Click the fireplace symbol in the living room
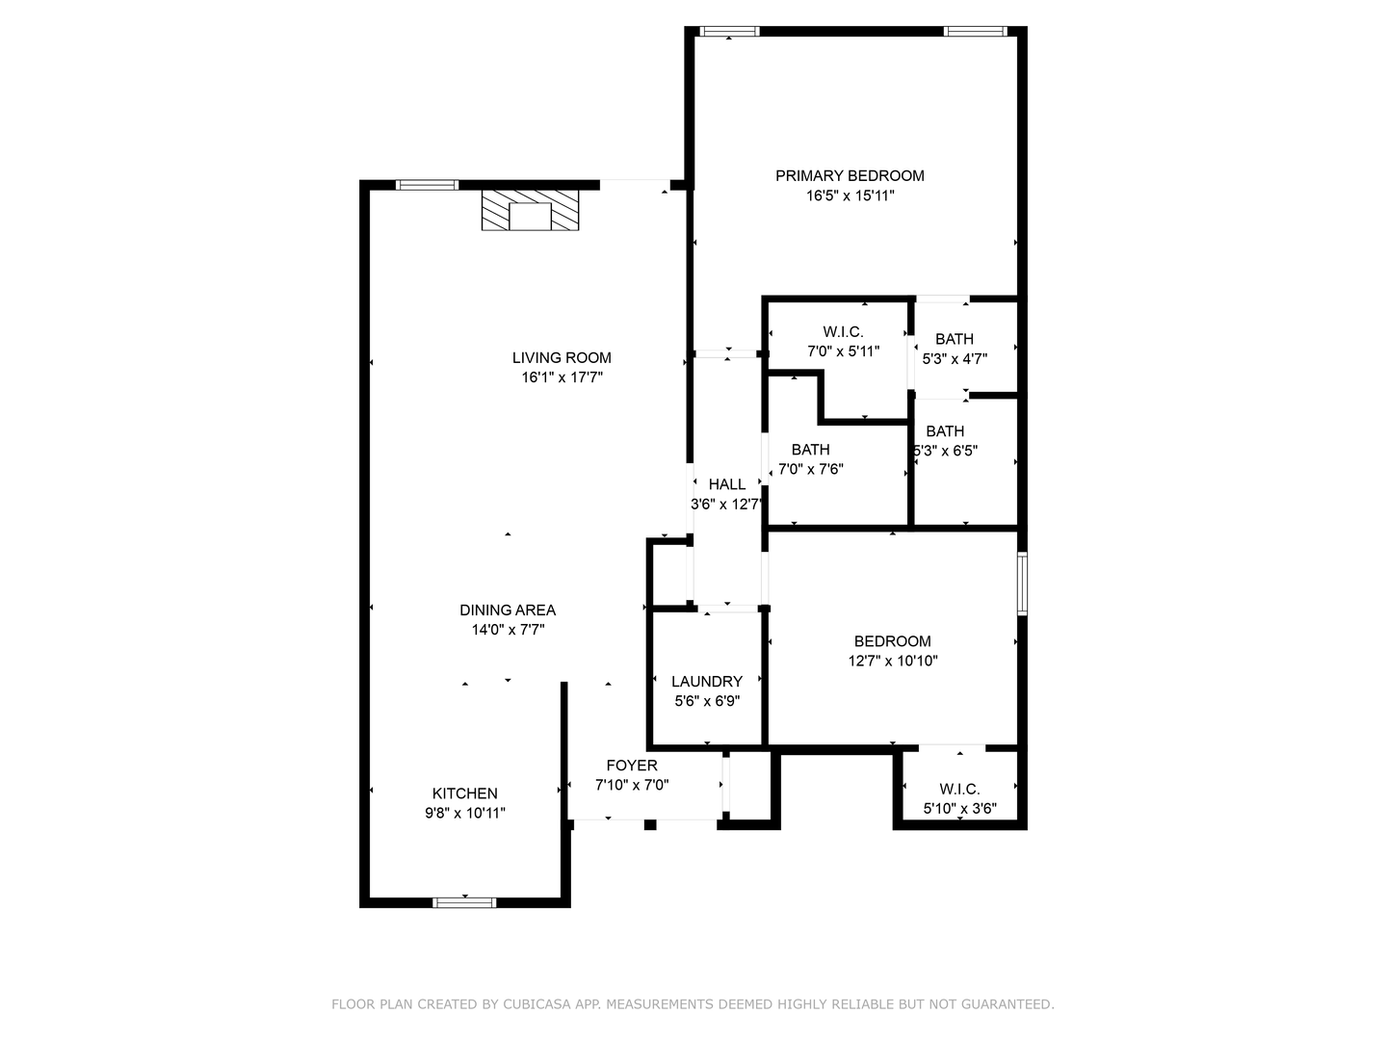[x=530, y=210]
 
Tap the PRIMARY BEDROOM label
[x=850, y=175]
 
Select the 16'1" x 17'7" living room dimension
[x=562, y=377]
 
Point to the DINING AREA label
[x=508, y=610]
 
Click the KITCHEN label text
[x=464, y=793]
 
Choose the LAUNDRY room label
[x=706, y=682]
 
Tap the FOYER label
[x=632, y=766]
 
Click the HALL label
[x=726, y=484]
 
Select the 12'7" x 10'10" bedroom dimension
[x=892, y=662]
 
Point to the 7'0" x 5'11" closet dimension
[x=843, y=351]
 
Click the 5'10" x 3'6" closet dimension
[x=960, y=808]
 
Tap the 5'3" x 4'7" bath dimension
[x=955, y=358]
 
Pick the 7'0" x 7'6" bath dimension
[x=811, y=469]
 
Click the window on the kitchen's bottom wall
[x=464, y=902]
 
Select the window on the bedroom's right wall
[x=1022, y=583]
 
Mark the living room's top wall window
[x=427, y=185]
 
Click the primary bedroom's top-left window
[x=729, y=31]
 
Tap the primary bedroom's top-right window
[x=976, y=31]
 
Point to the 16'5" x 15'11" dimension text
[x=850, y=195]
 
